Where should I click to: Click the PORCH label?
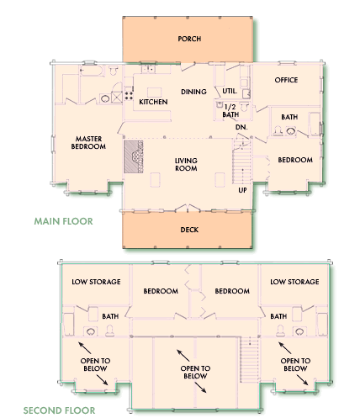coord(189,39)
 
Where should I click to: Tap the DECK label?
coord(189,230)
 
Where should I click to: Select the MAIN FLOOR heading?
coord(63,221)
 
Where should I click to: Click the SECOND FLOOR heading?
coord(59,410)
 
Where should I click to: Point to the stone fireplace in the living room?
coord(134,156)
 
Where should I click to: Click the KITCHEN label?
coord(153,102)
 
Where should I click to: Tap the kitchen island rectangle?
coord(155,93)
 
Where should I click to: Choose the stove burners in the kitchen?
coord(129,95)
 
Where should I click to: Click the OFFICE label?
coord(286,80)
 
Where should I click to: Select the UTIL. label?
coord(230,91)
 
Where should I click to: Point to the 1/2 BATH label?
coord(230,111)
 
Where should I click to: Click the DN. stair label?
coord(241,127)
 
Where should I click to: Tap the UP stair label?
coord(242,190)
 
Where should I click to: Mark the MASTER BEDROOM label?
coord(88,143)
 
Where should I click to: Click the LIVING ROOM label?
coord(186,165)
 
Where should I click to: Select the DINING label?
coord(193,92)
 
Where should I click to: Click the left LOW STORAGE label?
coord(96,282)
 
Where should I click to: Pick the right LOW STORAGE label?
coord(294,282)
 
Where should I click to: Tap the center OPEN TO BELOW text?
coord(195,373)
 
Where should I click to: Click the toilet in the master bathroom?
coord(114,70)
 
